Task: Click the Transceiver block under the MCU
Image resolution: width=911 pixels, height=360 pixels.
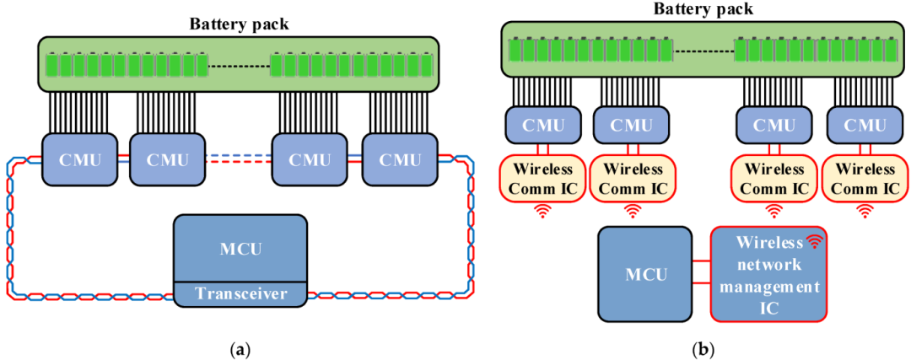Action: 240,293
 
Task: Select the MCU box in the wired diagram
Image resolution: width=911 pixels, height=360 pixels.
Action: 240,248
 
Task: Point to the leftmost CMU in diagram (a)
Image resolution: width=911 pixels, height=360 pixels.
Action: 77,159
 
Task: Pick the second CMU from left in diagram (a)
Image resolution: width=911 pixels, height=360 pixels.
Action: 165,159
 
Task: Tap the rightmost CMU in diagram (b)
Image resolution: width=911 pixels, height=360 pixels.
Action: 861,126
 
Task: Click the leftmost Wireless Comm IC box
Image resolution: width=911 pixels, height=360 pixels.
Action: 540,177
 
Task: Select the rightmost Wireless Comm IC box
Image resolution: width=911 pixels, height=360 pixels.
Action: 862,177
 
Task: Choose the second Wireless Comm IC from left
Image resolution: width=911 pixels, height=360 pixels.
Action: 629,177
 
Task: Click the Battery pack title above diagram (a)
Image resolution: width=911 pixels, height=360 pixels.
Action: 239,24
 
